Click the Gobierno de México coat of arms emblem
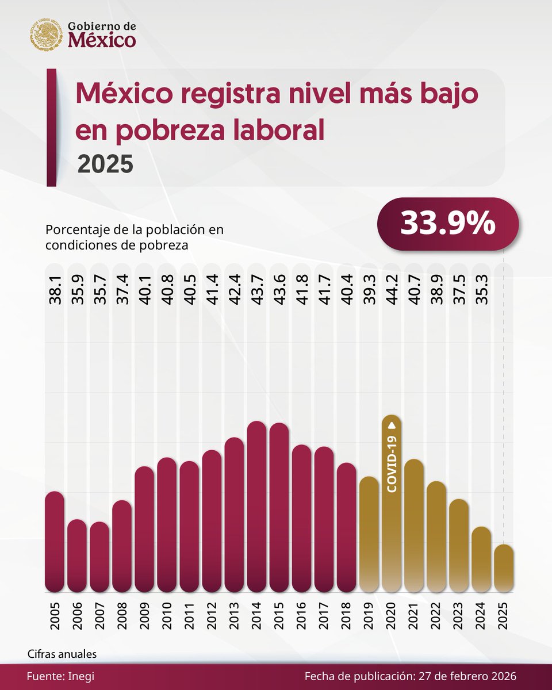point(46,34)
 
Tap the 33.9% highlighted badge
point(448,224)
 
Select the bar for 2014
point(256,507)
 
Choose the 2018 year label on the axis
point(347,615)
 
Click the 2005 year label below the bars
point(55,615)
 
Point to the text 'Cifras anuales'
point(62,654)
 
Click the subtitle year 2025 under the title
point(105,164)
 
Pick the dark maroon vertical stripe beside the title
point(51,128)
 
